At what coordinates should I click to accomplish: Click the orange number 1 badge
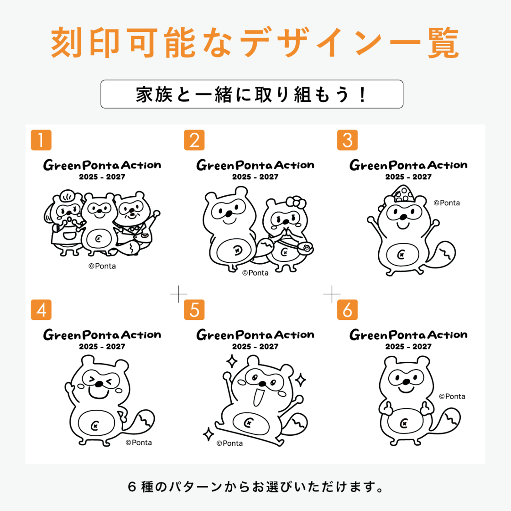pyautogui.click(x=41, y=140)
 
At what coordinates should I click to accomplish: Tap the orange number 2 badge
pyautogui.click(x=194, y=140)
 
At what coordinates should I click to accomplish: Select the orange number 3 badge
pyautogui.click(x=347, y=140)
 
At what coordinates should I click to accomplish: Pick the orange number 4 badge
pyautogui.click(x=41, y=310)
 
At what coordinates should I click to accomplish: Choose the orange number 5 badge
pyautogui.click(x=194, y=310)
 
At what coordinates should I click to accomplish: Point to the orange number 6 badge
pyautogui.click(x=347, y=310)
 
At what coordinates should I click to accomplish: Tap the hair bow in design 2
pyautogui.click(x=296, y=203)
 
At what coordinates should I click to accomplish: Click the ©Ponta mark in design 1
pyautogui.click(x=102, y=266)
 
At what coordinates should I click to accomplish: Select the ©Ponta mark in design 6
pyautogui.click(x=452, y=396)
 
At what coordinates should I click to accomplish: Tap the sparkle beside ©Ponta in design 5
pyautogui.click(x=209, y=434)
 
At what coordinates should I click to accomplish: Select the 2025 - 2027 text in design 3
pyautogui.click(x=408, y=177)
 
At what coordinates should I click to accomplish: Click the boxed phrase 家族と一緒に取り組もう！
pyautogui.click(x=252, y=94)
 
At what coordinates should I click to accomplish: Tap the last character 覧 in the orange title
pyautogui.click(x=443, y=43)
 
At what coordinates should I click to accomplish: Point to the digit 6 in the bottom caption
pyautogui.click(x=132, y=487)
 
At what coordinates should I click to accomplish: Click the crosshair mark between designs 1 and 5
pyautogui.click(x=178, y=294)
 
